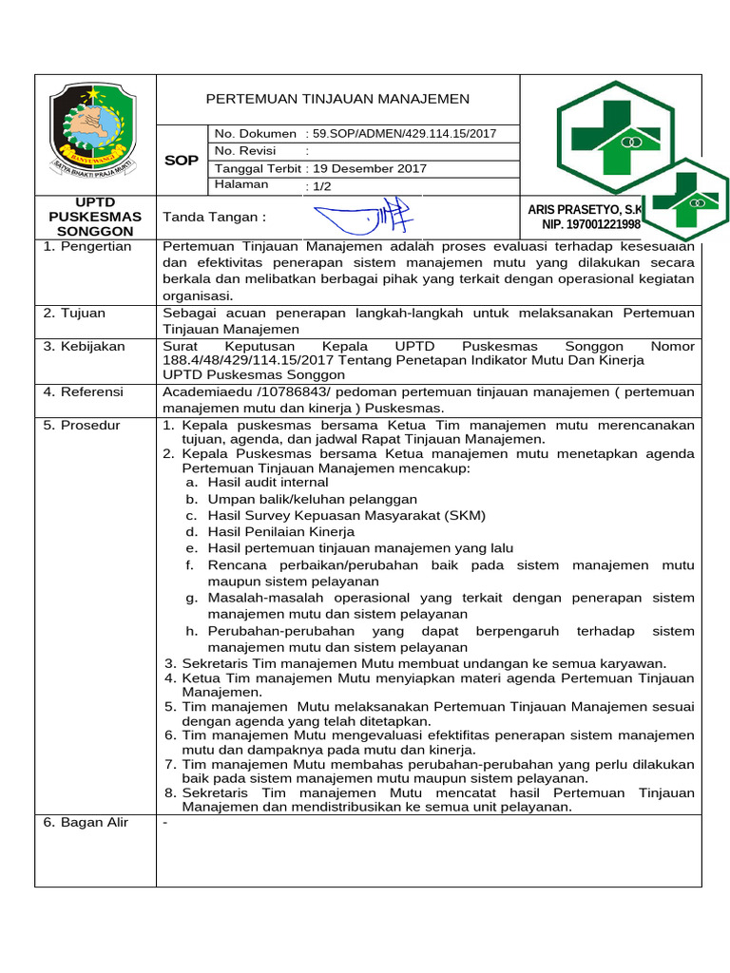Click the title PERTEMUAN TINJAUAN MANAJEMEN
click(337, 99)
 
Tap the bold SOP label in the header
click(181, 161)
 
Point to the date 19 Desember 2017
click(366, 168)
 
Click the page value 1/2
click(318, 186)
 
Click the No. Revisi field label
click(245, 151)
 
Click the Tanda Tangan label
click(215, 217)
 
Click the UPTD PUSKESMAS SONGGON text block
click(94, 217)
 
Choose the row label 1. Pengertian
click(87, 246)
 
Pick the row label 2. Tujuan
click(75, 313)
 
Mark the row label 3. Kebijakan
click(84, 346)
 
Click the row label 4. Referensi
click(84, 391)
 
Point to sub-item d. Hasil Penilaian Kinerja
click(270, 532)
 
